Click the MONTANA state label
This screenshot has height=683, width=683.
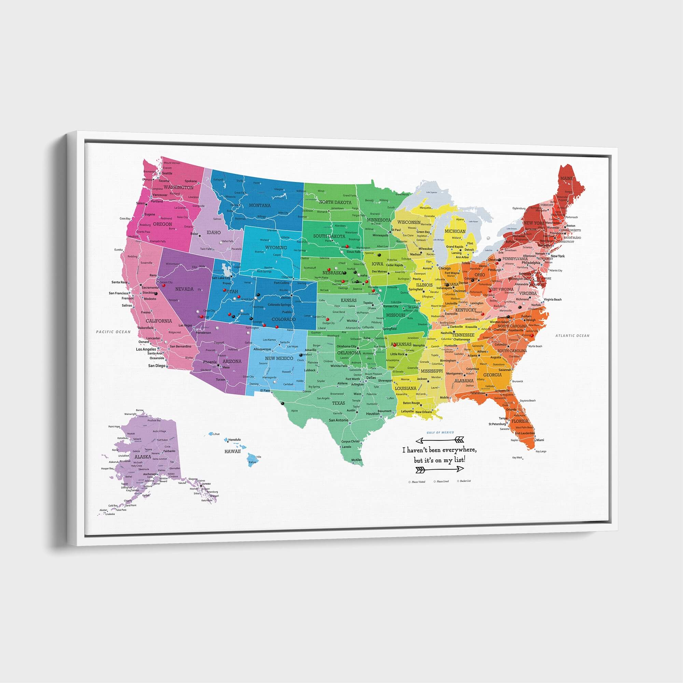coord(260,205)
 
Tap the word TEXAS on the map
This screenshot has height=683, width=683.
coord(338,403)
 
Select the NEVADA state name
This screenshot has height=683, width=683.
coord(184,289)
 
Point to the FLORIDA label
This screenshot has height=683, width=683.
coord(520,421)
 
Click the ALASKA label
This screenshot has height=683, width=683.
coord(143,456)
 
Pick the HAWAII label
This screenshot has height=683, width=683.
coord(232,451)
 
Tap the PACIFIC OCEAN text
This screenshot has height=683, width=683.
coord(113,332)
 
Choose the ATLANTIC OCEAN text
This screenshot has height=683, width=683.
coord(572,335)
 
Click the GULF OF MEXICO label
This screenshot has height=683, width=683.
coord(440,433)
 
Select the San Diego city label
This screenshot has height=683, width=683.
coord(156,365)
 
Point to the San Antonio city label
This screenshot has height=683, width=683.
coord(338,420)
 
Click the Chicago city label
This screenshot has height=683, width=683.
coord(444,268)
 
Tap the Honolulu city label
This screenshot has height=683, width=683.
coord(234,440)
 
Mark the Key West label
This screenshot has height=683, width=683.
coord(517,458)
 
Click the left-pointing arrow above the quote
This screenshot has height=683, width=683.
coord(440,440)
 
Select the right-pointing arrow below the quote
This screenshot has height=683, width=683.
coord(440,469)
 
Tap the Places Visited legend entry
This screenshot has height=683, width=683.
coord(418,482)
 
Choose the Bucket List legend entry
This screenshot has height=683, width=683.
coord(465,481)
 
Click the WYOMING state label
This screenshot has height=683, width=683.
coord(276,248)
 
